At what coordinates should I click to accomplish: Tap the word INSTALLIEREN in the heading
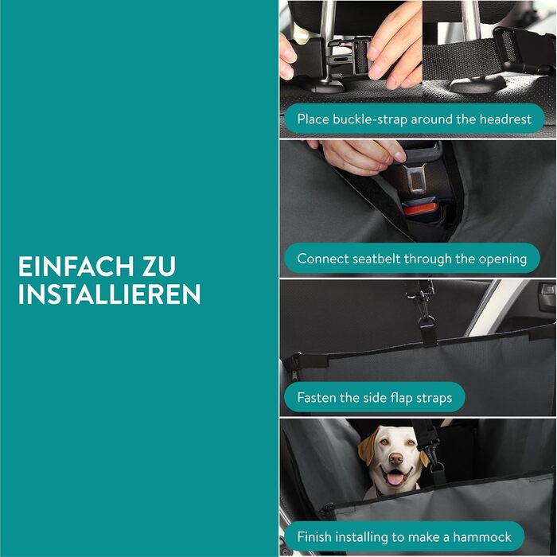[110, 294]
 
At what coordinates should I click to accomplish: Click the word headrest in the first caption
[505, 119]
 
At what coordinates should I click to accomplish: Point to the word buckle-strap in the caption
[370, 119]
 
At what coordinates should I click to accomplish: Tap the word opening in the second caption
[503, 259]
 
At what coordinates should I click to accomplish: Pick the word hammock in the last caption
[482, 536]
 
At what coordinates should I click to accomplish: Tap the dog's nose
[395, 459]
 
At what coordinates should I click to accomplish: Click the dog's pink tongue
[395, 477]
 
